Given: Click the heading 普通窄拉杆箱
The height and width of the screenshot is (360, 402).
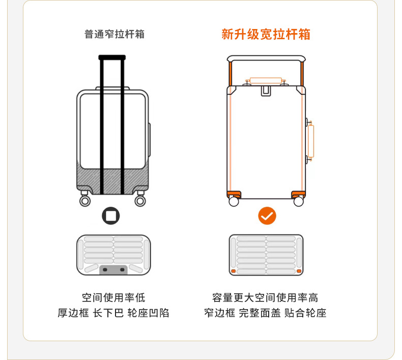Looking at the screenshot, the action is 114,34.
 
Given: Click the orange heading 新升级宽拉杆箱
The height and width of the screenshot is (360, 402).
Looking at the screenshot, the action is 266,34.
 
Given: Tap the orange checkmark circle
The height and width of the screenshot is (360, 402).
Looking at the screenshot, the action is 267,216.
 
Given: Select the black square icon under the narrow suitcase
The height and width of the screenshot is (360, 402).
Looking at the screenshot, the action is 111,216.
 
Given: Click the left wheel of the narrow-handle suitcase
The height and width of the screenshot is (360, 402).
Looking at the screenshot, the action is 85,201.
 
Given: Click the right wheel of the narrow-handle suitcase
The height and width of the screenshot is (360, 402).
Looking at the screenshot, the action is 140,201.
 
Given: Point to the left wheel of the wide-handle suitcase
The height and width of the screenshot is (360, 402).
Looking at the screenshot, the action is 234,202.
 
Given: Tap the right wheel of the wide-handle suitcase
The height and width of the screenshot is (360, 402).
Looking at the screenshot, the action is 299,202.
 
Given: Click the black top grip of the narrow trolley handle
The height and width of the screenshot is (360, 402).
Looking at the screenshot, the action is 112,58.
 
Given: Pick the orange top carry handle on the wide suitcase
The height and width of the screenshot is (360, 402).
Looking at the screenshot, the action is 265,80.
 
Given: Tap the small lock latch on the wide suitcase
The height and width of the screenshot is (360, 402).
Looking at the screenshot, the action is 266,91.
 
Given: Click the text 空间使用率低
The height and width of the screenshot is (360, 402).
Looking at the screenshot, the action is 113,298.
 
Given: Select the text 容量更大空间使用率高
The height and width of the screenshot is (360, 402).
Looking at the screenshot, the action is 265,298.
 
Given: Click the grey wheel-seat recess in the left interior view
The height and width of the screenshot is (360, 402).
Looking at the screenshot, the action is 113,269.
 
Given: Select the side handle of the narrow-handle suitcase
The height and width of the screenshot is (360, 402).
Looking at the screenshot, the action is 150,136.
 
